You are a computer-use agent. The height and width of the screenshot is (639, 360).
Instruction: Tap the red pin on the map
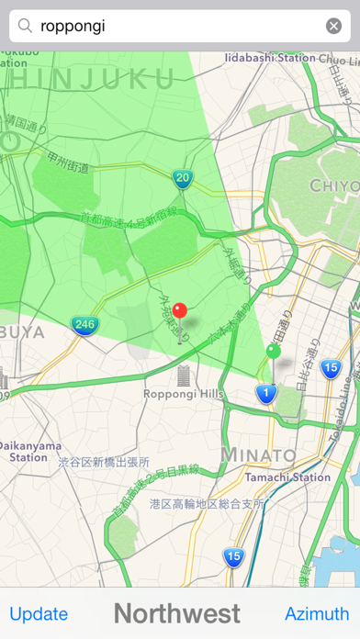point(180,312)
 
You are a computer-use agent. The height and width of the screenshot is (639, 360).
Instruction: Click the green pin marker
point(273,352)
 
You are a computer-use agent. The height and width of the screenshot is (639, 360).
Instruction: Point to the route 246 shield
point(84,324)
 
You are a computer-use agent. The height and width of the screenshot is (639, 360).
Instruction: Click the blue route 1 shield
point(265,394)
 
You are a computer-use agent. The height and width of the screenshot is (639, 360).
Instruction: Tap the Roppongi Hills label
point(183,394)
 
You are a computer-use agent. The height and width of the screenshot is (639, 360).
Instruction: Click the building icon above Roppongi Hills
point(183,374)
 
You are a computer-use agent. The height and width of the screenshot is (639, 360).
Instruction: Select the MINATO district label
point(258,455)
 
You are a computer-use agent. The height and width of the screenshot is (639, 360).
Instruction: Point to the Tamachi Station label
point(288,477)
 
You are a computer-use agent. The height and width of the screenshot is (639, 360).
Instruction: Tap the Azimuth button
point(316,614)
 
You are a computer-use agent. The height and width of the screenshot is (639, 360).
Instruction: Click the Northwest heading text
point(177,613)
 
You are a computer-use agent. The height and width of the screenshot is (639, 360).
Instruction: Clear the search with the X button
point(333,26)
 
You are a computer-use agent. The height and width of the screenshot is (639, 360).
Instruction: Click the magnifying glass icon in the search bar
point(26,26)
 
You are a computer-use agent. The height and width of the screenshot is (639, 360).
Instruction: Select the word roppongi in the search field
point(73,26)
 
